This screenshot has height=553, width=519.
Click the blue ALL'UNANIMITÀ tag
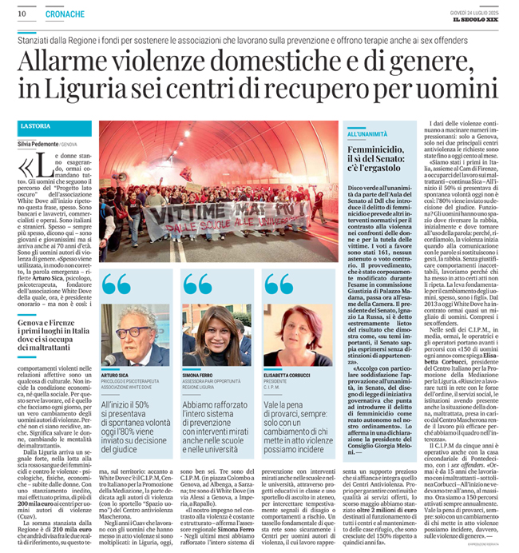coord(367,134)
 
